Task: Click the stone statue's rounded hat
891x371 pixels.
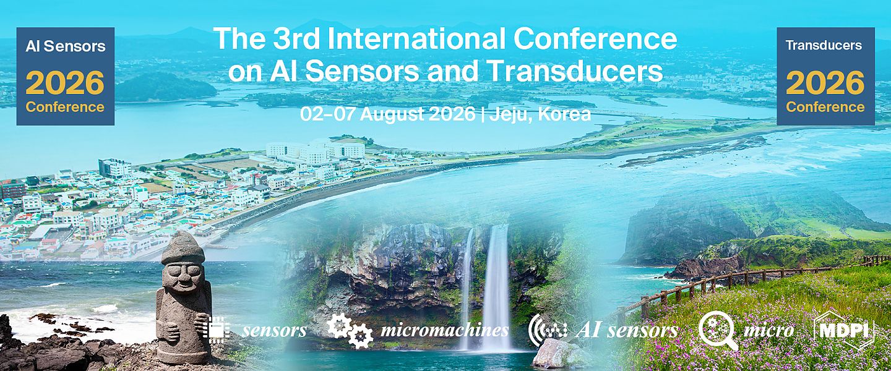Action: click(183, 247)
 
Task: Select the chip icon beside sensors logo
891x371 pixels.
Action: click(216, 329)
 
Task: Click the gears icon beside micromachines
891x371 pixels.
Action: click(350, 330)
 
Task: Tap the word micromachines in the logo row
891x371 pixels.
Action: click(444, 330)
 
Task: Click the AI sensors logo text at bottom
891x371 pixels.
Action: click(626, 330)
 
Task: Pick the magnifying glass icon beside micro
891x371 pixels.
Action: click(717, 330)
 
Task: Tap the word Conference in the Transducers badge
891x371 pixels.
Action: click(825, 107)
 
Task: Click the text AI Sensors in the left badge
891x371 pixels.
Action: click(65, 46)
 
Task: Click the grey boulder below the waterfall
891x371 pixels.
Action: click(556, 354)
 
